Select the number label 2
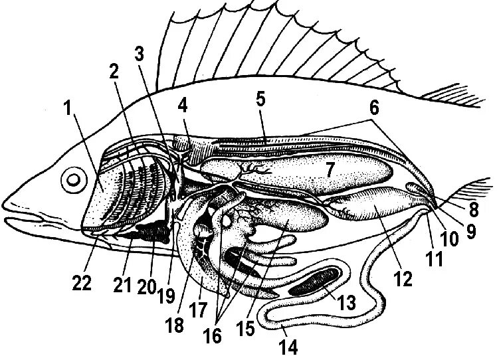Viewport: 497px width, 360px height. (114, 72)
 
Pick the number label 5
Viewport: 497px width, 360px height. (260, 100)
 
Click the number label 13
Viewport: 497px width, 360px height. (346, 302)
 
